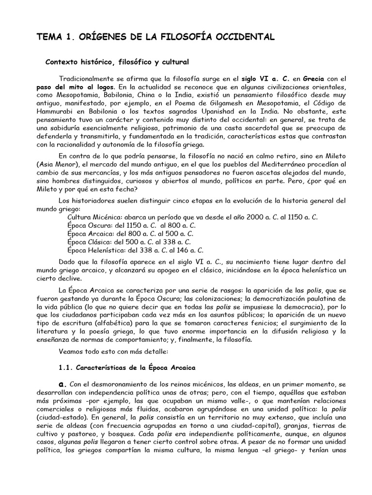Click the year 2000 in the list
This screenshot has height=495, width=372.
257,218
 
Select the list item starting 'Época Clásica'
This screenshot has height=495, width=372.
129,242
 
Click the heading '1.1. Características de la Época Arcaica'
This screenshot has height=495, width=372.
126,367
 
